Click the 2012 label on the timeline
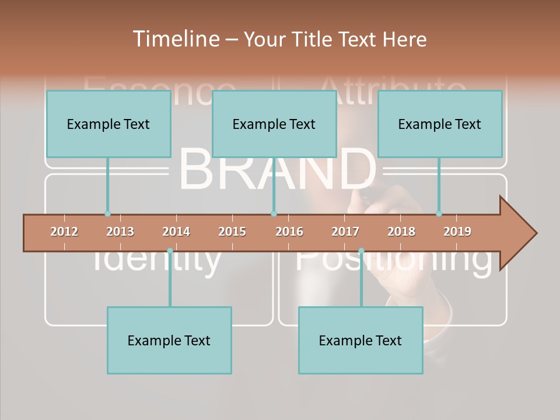(64, 232)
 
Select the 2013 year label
(120, 232)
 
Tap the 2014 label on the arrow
(176, 232)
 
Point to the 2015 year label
(232, 232)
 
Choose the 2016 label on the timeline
(289, 232)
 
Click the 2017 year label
(345, 232)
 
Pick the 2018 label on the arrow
(401, 232)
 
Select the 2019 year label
(457, 232)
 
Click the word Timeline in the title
(174, 39)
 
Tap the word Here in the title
(404, 39)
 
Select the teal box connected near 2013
(108, 124)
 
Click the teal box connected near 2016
(274, 124)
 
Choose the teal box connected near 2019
(440, 124)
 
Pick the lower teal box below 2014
(169, 340)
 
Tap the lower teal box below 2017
(360, 340)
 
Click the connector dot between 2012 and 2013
(107, 213)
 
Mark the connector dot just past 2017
(361, 251)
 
